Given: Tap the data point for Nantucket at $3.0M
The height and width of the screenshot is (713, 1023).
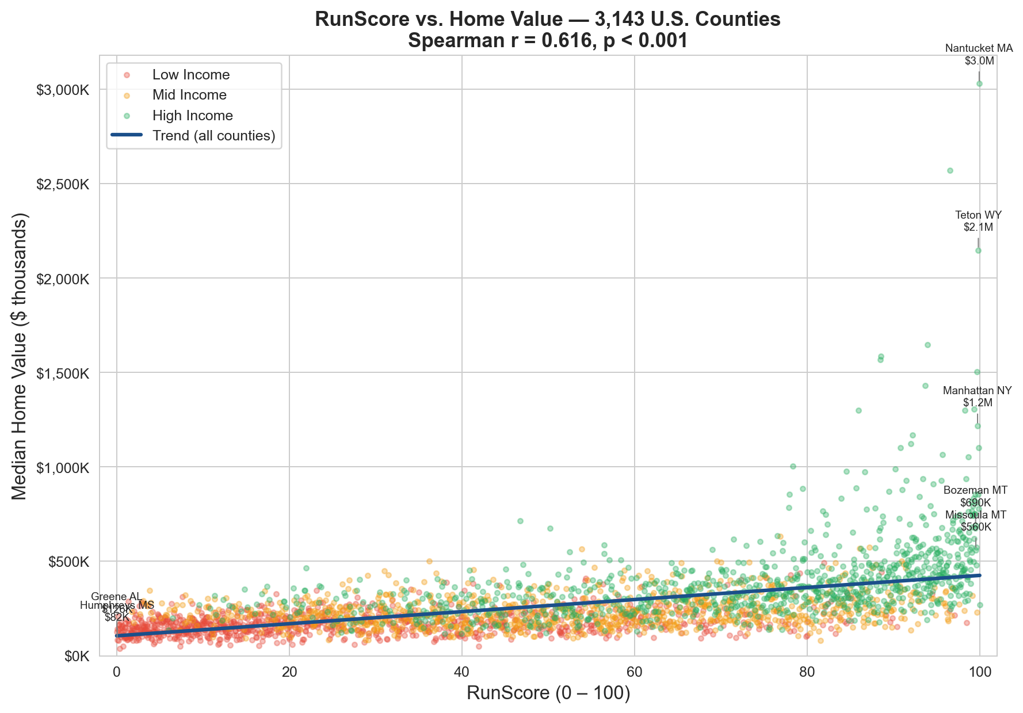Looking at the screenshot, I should point(979,83).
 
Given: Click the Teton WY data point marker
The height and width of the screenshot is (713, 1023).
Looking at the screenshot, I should point(978,250).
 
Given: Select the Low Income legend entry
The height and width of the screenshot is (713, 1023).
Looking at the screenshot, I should point(190,75).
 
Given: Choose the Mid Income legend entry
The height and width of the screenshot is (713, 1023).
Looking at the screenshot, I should point(189,95).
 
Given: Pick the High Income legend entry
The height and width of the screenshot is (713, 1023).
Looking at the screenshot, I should point(192,116).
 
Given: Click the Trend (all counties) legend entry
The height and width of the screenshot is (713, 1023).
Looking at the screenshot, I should point(213,136).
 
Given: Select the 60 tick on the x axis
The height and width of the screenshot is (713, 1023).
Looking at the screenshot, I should point(634,672).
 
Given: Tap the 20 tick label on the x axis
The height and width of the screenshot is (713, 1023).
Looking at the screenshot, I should point(289,672).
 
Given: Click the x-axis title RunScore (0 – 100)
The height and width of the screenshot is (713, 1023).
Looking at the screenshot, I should point(548,693).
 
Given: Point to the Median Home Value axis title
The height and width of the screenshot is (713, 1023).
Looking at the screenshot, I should point(20,356).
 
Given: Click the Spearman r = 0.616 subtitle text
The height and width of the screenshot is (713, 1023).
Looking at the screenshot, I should point(548,41).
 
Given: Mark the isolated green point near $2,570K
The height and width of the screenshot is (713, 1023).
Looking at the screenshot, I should point(950,170).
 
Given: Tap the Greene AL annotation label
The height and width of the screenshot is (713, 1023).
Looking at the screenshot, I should point(116,597).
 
